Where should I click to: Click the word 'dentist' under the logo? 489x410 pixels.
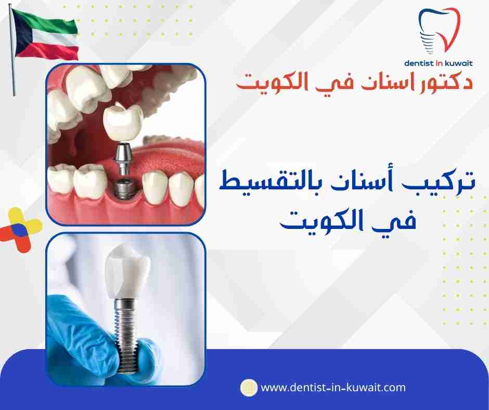[x=421, y=63]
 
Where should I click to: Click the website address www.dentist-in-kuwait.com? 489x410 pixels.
[x=332, y=388]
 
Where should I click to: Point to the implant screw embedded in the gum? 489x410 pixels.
[x=123, y=187]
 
